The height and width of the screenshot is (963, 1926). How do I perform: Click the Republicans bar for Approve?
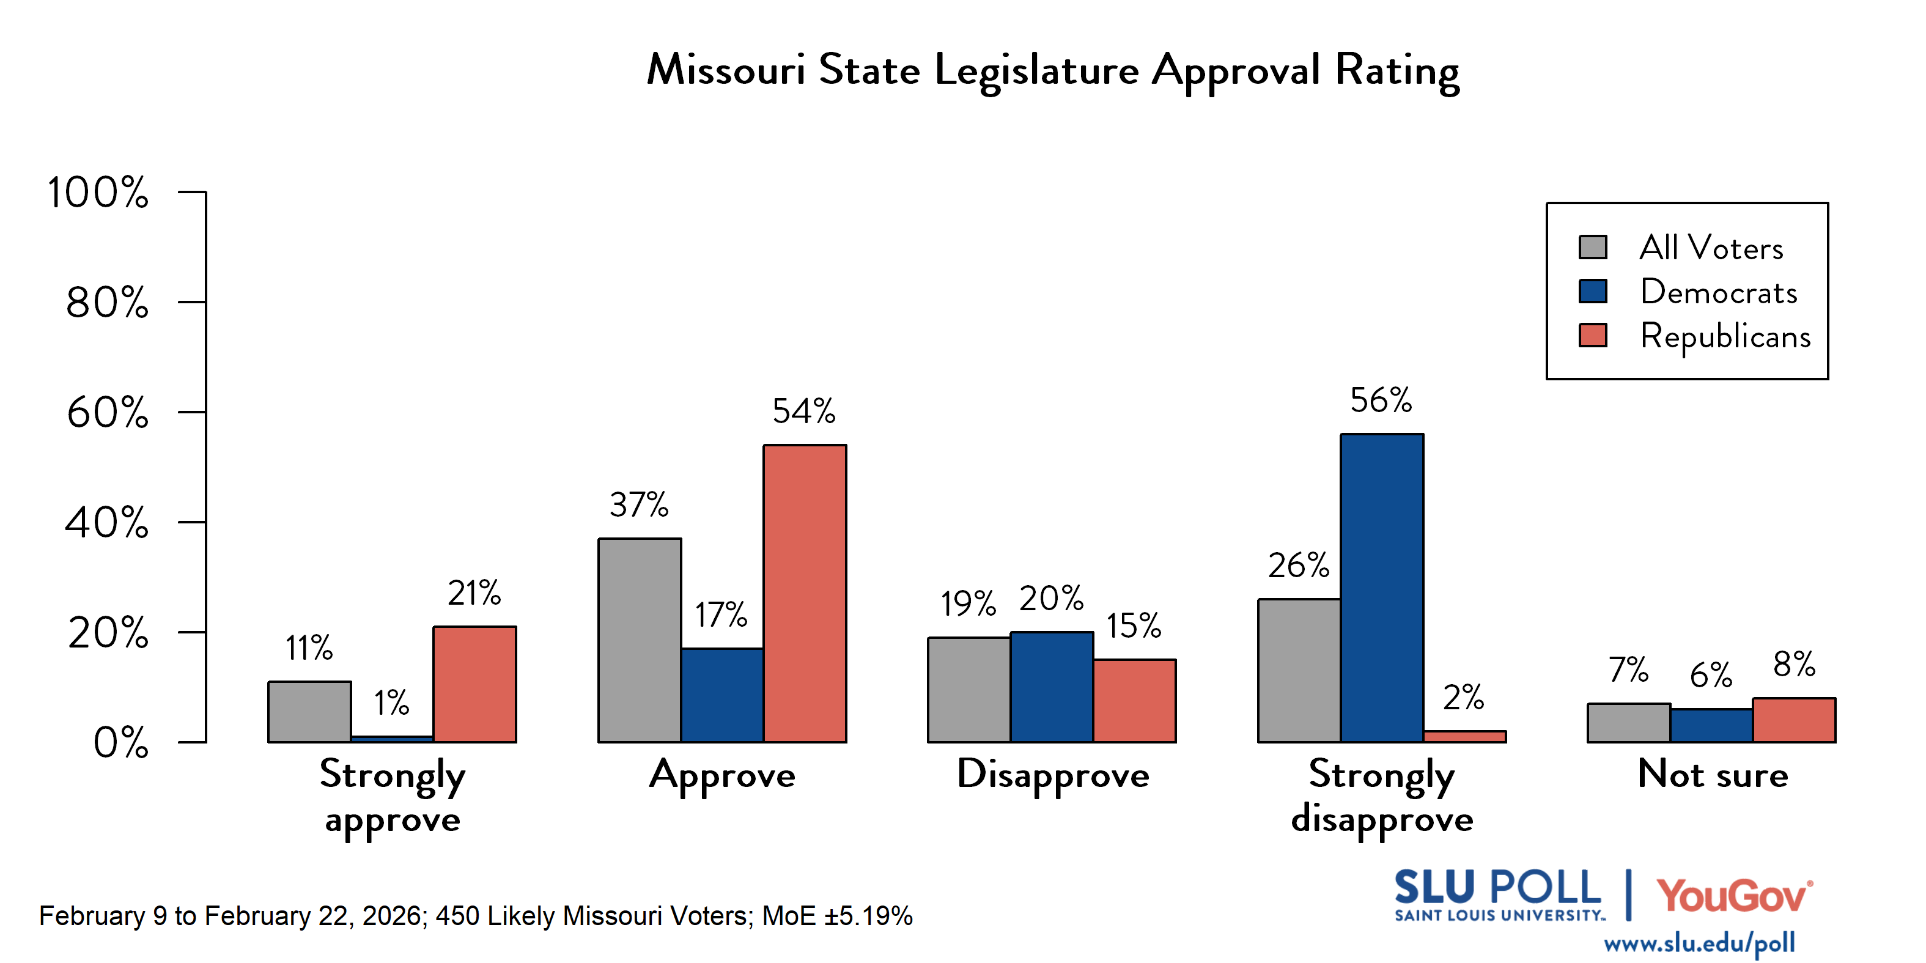[x=805, y=594]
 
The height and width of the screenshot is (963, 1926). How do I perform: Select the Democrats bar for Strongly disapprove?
[x=1382, y=588]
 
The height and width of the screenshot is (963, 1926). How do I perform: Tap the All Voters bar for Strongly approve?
[x=309, y=712]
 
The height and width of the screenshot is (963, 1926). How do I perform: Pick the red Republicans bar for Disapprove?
[x=1134, y=701]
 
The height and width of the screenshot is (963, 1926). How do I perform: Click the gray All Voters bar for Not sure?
[x=1628, y=723]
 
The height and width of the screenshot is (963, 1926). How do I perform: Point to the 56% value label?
[x=1381, y=400]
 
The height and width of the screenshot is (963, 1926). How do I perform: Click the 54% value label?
[x=804, y=411]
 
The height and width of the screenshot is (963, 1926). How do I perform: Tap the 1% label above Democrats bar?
[x=392, y=703]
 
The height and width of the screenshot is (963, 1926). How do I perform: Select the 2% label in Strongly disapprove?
[x=1463, y=698]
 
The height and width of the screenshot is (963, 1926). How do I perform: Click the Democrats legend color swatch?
[x=1593, y=291]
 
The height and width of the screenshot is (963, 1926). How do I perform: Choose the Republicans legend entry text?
[x=1725, y=336]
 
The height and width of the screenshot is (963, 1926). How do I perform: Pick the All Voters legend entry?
[x=1711, y=248]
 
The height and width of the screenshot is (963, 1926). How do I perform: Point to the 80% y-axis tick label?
[x=107, y=303]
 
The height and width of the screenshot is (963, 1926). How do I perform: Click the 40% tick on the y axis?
[x=107, y=523]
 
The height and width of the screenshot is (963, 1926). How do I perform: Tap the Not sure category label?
[x=1712, y=775]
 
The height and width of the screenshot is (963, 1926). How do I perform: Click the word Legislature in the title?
[x=1037, y=71]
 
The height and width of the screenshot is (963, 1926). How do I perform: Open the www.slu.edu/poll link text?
[x=1699, y=943]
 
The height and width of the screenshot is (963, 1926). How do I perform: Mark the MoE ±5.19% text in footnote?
[x=838, y=916]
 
